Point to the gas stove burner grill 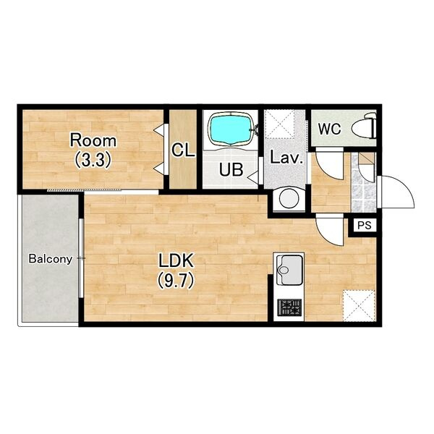289,307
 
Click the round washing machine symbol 289,198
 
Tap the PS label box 365,225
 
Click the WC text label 329,129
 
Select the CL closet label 183,150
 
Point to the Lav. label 286,158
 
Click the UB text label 231,170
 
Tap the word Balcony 51,259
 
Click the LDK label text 176,260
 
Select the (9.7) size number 176,281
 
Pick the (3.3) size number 93,160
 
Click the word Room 93,140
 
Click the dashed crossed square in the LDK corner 359,305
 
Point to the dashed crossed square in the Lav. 279,124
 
